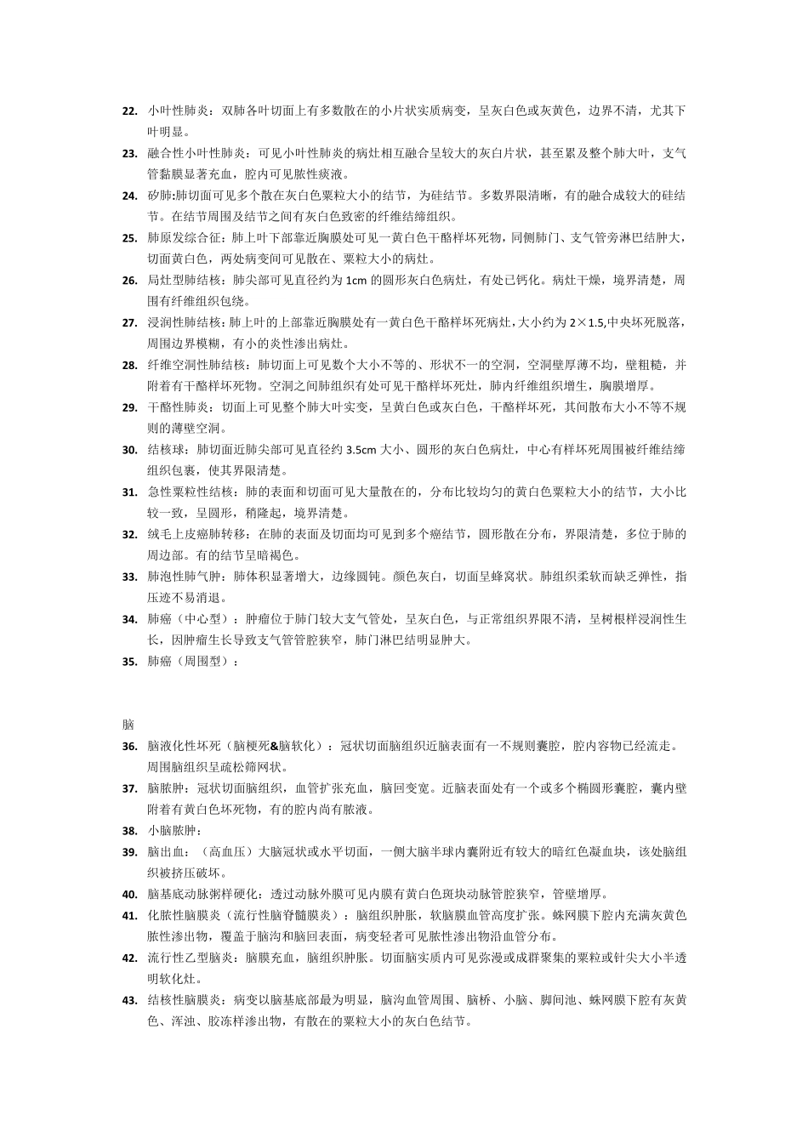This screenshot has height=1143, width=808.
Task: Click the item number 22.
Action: [129, 111]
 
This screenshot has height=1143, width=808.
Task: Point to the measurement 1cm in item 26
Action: [357, 281]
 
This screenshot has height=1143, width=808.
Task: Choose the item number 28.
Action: [129, 365]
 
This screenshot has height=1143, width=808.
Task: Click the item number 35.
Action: [129, 661]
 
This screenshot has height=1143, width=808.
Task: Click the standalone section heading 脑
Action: [128, 725]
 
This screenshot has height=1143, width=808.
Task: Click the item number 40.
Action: [129, 894]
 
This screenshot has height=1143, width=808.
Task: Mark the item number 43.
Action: [129, 999]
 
